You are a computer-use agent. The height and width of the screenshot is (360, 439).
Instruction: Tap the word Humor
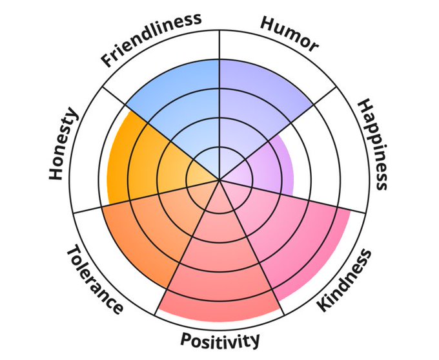coord(290,34)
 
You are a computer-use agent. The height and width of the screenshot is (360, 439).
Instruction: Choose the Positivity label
coord(220,340)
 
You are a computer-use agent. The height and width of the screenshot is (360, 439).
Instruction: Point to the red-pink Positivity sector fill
coord(219,271)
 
